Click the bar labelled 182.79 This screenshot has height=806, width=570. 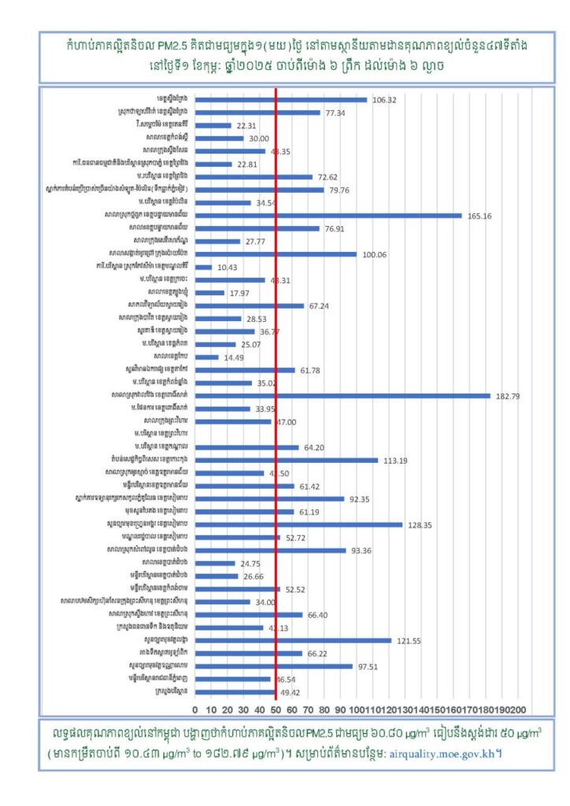342,396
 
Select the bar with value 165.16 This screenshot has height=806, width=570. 328,215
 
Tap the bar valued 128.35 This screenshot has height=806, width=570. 298,524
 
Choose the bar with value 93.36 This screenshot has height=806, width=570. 270,550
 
